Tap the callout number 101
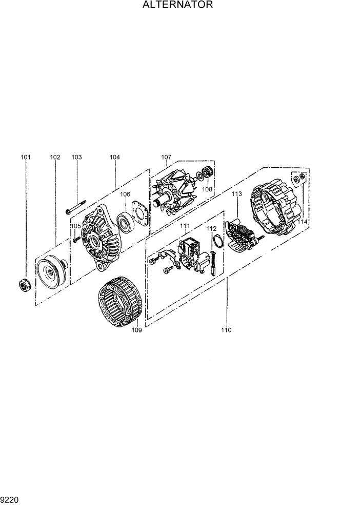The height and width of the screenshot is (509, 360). point(26,157)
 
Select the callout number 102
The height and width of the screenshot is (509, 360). point(55,157)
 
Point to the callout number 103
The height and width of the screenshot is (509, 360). point(76,157)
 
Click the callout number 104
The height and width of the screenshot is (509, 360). point(114,157)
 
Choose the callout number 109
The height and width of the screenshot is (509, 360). point(136,330)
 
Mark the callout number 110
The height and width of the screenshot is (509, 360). point(226,330)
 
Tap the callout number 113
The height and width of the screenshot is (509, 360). point(236,194)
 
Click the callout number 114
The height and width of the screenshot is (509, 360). point(303,222)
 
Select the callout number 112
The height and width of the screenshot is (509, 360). point(212,229)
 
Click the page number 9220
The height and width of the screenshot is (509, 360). point(10,498)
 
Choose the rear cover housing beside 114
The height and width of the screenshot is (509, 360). point(274,206)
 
